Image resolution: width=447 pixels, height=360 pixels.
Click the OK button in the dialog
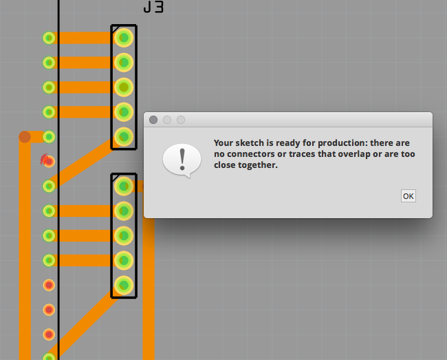(x=408, y=196)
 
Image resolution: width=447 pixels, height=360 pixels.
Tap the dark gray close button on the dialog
(x=153, y=120)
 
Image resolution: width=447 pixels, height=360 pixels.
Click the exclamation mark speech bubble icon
(x=182, y=160)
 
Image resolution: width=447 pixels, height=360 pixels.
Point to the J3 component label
(x=153, y=7)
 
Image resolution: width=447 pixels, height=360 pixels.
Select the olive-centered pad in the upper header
(x=124, y=87)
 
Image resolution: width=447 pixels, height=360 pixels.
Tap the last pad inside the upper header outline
(x=124, y=137)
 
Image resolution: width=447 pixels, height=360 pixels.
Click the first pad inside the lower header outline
(x=124, y=187)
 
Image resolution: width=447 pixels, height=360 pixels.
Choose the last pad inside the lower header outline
(x=124, y=285)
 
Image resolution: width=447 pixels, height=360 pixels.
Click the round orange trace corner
(x=25, y=137)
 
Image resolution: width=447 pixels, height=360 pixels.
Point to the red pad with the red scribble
(x=49, y=162)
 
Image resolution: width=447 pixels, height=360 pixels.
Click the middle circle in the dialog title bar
(x=167, y=120)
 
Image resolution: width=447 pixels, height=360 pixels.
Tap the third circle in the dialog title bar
(x=181, y=120)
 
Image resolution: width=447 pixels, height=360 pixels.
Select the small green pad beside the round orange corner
(x=49, y=137)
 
